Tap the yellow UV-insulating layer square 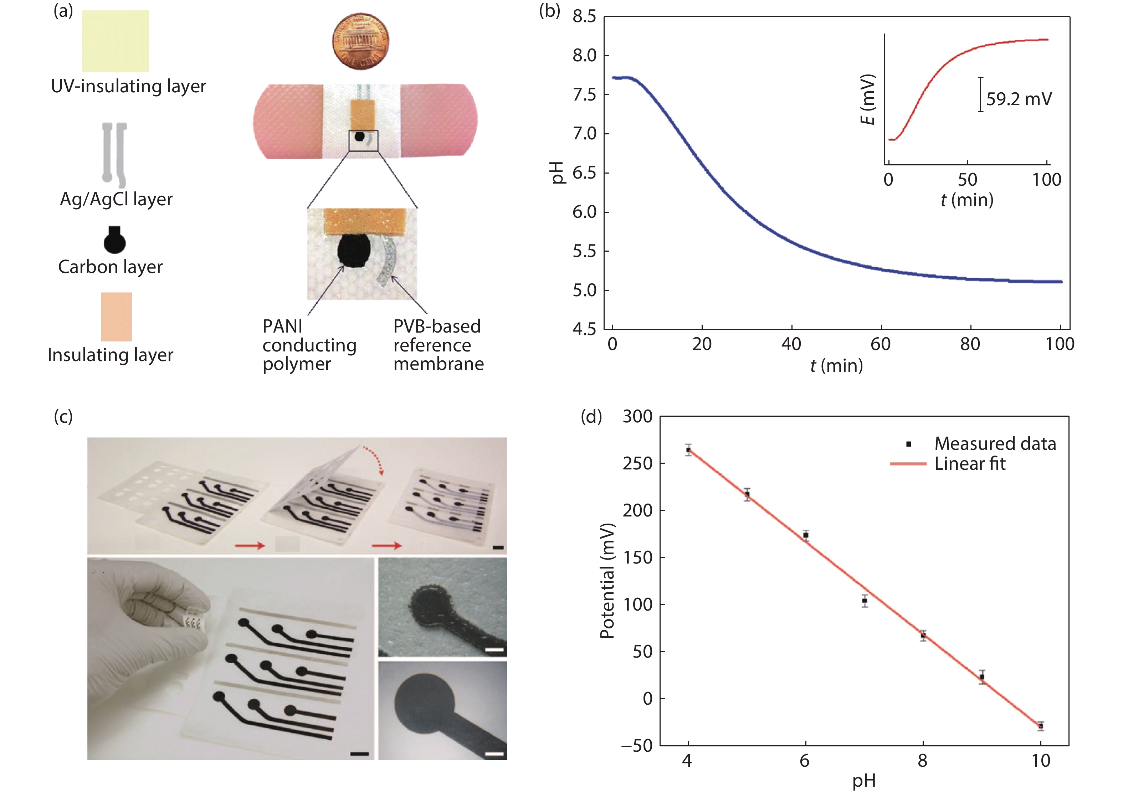[116, 41]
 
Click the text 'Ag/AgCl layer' [116, 199]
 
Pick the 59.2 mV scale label [1018, 99]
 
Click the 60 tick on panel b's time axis [881, 344]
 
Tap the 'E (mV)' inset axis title [867, 100]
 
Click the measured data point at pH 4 [688, 450]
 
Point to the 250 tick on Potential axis [637, 463]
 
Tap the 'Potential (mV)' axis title [607, 581]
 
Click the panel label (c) [63, 417]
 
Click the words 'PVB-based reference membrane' [438, 345]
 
